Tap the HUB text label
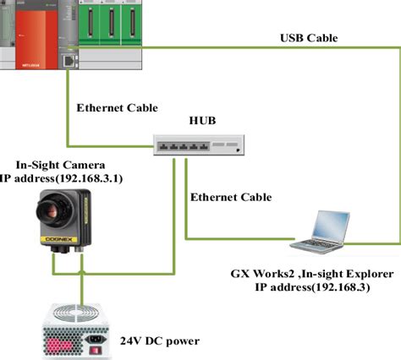202,120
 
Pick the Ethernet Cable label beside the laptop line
231,197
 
